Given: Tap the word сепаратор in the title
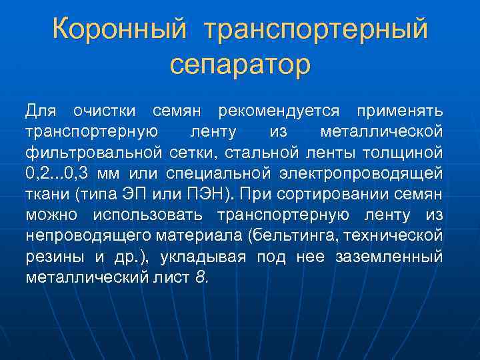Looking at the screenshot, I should click(240, 65).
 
